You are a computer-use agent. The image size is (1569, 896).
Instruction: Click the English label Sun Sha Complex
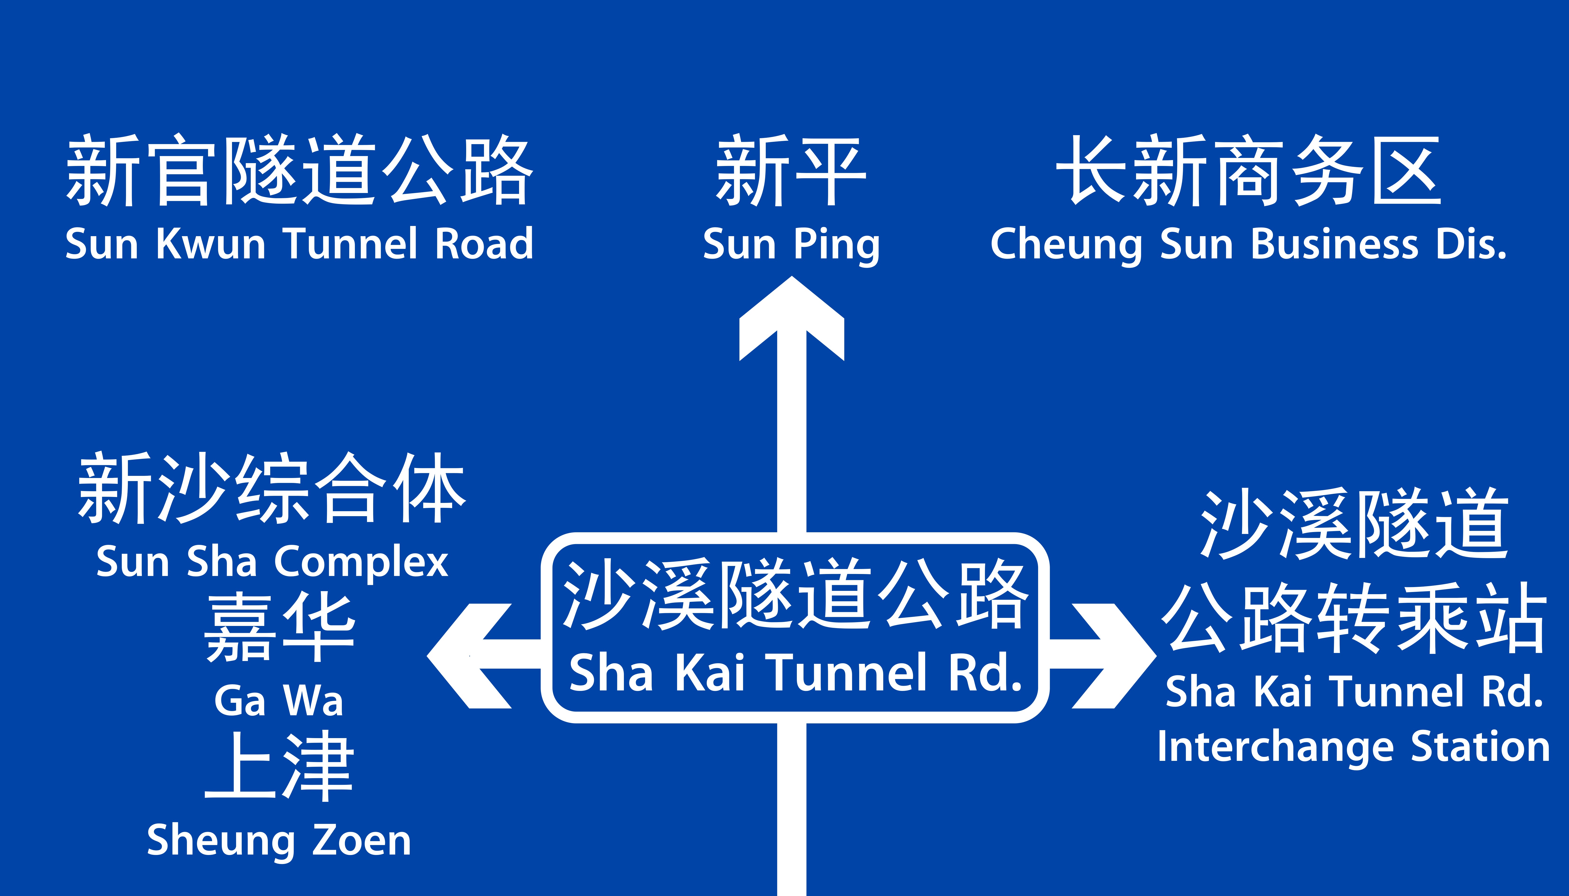pyautogui.click(x=272, y=562)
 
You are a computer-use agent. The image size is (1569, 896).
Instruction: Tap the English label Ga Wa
pyautogui.click(x=278, y=700)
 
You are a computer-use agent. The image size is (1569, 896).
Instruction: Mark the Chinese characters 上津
pyautogui.click(x=278, y=766)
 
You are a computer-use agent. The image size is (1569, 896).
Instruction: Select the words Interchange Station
pyautogui.click(x=1353, y=748)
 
